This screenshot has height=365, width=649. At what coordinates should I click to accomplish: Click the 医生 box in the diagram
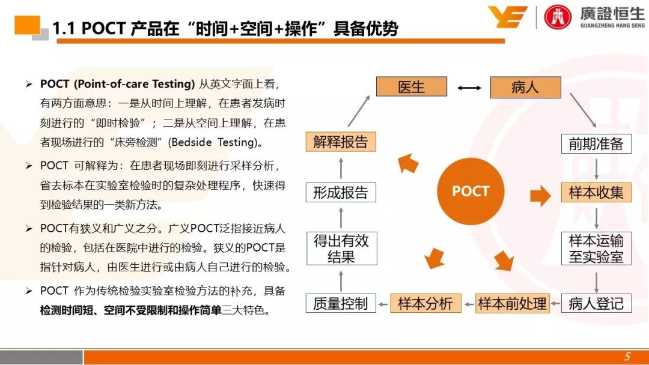click(412, 86)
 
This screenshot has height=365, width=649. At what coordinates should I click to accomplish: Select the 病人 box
click(525, 87)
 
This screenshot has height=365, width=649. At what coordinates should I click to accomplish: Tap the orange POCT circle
click(471, 191)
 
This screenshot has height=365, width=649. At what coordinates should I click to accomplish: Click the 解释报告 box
click(341, 142)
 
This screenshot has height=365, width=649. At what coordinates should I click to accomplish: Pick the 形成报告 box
click(341, 192)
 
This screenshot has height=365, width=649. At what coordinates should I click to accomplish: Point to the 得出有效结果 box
click(342, 249)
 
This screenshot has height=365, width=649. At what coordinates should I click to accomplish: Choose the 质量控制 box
click(341, 303)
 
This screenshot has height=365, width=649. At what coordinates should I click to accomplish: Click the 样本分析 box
click(426, 303)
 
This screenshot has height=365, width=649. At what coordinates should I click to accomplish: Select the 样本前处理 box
click(513, 303)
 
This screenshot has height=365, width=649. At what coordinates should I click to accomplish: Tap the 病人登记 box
click(597, 303)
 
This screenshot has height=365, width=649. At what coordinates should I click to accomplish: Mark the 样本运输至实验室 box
click(597, 249)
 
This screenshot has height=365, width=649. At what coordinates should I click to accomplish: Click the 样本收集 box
click(597, 192)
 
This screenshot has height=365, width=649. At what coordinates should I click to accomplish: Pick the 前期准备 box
click(597, 143)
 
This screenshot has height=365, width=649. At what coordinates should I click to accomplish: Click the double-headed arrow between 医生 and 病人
click(469, 88)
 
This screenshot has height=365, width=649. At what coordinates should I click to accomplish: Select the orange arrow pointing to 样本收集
click(541, 195)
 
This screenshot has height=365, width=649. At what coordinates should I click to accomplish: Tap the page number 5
click(627, 357)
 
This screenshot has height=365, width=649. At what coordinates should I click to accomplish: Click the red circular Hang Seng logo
click(557, 17)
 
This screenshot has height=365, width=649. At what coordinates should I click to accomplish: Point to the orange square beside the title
click(27, 25)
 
